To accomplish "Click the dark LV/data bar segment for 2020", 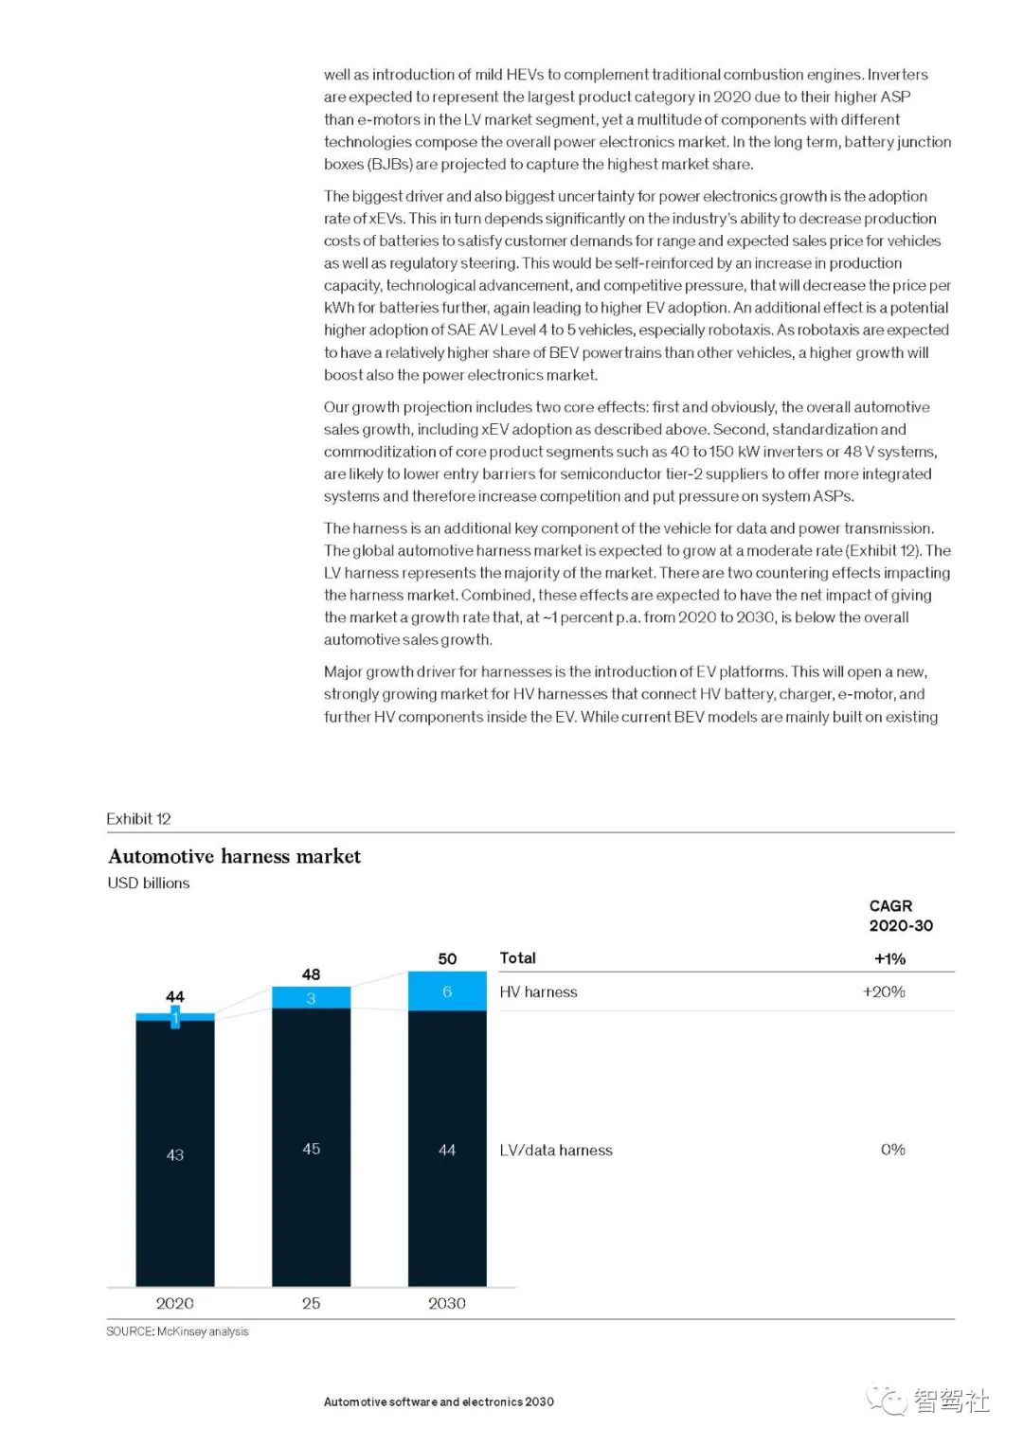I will (x=175, y=1153).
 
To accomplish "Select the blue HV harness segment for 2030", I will (x=447, y=991).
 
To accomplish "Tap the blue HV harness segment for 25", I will (x=311, y=997).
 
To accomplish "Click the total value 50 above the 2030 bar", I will (x=447, y=958).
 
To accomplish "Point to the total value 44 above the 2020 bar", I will (x=175, y=996).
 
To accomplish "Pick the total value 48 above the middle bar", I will (x=311, y=973).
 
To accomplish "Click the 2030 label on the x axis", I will (x=447, y=1303).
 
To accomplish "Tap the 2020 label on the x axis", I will (x=175, y=1303).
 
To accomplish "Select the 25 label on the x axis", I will (x=311, y=1303).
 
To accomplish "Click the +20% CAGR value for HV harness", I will (x=884, y=991).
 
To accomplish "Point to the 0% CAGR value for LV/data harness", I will (x=892, y=1149).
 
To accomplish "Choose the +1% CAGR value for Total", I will (x=889, y=958).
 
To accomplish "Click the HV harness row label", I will (x=538, y=991).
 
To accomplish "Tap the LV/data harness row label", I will (x=556, y=1150).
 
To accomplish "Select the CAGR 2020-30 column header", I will (x=901, y=916).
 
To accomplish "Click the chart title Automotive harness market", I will (x=234, y=856).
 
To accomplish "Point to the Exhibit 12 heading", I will (x=138, y=818).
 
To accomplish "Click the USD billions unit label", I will (x=149, y=883).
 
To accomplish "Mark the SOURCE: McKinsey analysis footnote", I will (x=177, y=1331).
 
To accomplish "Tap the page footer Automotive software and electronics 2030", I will (x=439, y=1401).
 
